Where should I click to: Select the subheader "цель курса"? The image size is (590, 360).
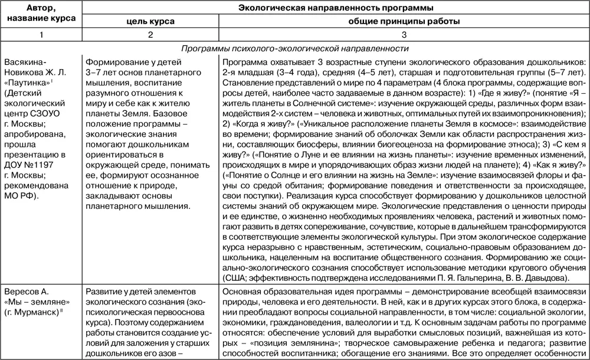(x=150, y=21)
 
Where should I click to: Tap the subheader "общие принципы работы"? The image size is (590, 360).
(x=404, y=21)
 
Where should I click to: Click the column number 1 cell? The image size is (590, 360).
(x=41, y=35)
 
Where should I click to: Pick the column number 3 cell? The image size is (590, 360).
(x=404, y=35)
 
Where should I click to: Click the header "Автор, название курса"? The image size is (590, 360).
(x=41, y=13)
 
